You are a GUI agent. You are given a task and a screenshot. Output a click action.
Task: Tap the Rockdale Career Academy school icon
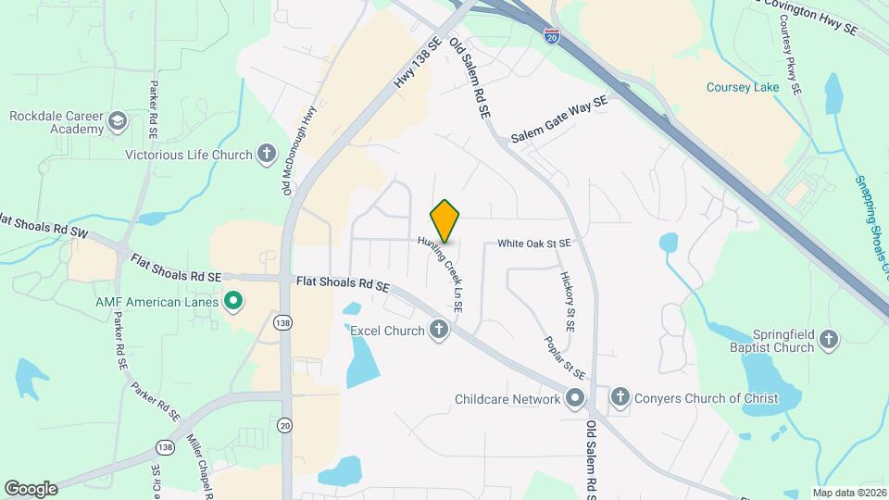118,121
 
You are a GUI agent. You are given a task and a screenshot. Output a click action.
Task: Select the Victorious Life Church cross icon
268,155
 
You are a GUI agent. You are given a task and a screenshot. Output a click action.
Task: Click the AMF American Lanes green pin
234,301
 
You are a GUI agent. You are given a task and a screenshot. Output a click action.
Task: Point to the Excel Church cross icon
439,330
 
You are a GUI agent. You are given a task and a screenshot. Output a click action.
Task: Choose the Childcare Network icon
574,399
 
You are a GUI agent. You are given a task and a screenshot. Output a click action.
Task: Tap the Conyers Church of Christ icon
620,399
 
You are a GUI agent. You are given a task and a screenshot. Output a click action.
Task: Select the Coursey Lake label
743,87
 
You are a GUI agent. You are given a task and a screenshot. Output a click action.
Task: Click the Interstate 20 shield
552,36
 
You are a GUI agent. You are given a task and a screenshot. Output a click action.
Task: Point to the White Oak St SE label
533,244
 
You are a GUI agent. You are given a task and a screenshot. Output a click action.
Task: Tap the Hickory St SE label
569,301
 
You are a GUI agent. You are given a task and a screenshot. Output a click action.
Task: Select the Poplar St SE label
564,356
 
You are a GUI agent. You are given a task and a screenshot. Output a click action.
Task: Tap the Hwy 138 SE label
414,64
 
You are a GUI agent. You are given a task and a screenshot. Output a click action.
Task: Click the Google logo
31,488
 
